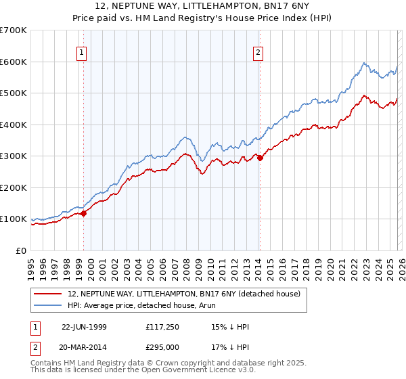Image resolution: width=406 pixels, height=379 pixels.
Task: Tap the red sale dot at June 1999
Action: (x=84, y=213)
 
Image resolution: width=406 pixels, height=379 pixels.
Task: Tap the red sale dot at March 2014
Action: (x=261, y=158)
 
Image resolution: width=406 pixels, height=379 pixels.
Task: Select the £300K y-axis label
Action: (x=14, y=156)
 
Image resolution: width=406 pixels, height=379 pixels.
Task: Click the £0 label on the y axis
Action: (x=21, y=250)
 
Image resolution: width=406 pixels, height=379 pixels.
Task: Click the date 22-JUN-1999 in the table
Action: (x=84, y=327)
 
